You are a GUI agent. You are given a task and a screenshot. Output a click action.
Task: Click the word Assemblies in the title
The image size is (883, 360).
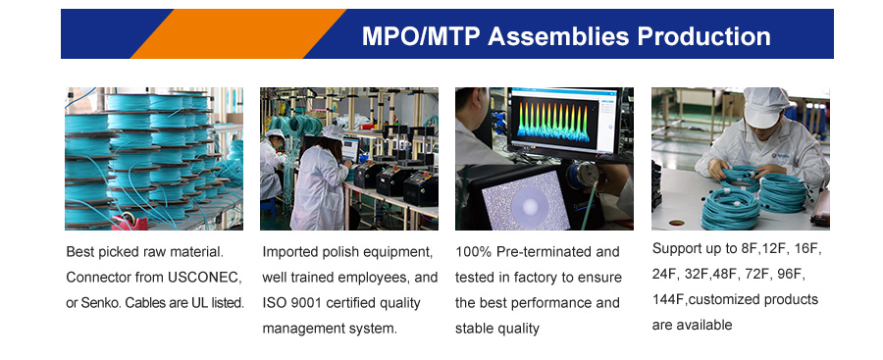tap(558, 36)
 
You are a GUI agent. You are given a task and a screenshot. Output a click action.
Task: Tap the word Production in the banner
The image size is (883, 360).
tap(703, 36)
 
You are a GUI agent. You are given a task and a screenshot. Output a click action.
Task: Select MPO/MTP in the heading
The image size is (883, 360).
tap(421, 36)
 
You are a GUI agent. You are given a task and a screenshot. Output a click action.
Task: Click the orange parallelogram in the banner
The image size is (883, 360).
tap(238, 33)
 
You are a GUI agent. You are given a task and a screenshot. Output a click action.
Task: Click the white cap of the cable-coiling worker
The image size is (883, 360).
tap(765, 107)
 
